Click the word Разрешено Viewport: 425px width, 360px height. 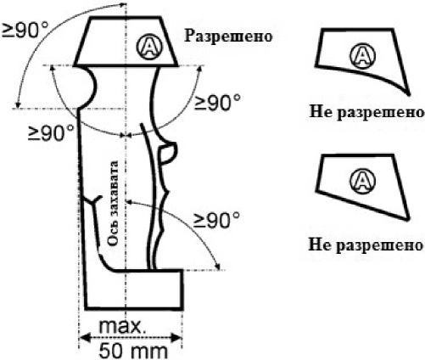228,37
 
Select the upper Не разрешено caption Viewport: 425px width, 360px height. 366,112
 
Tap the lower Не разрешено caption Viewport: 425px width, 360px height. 366,245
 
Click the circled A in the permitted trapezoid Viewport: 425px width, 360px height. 149,46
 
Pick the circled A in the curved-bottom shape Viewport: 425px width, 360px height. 363,56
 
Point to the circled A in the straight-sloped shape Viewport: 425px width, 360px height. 363,181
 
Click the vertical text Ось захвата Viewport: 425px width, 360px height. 113,203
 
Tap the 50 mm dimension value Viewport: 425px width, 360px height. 133,351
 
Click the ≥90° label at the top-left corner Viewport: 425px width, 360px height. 25,30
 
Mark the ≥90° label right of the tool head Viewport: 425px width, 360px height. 217,103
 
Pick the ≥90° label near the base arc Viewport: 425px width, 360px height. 217,220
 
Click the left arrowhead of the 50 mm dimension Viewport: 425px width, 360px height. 84,337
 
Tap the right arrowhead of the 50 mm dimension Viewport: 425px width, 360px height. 176,337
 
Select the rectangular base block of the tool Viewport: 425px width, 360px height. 134,290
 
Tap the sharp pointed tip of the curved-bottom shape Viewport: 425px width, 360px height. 408,93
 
